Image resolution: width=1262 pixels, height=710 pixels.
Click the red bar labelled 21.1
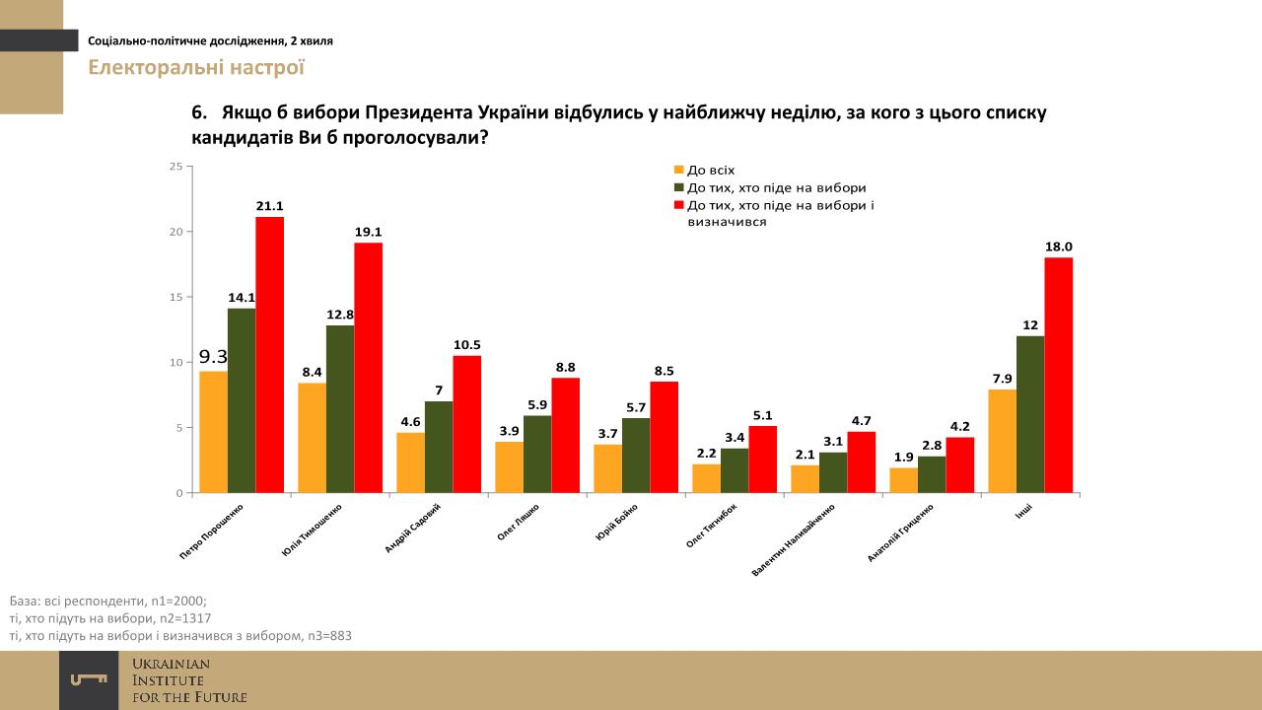[270, 354]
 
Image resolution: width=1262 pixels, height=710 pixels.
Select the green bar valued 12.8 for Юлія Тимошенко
[340, 408]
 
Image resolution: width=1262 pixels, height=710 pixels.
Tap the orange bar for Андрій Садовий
[410, 462]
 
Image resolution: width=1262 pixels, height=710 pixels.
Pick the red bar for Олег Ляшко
[566, 435]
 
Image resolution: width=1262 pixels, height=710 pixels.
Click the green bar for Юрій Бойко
[636, 456]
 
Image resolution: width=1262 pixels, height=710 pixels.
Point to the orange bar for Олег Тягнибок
[706, 478]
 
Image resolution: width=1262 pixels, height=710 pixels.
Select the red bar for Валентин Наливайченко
[862, 461]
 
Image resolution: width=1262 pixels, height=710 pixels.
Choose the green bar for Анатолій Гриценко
[932, 474]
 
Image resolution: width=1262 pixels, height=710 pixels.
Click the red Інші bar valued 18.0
[1059, 375]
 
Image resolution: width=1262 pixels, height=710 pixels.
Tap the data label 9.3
[213, 357]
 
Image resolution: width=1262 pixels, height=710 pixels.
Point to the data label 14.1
[242, 296]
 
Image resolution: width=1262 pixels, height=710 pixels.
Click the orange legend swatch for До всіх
[678, 171]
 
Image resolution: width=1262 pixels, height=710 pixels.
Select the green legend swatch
[678, 187]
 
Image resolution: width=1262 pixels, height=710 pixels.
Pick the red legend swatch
[678, 205]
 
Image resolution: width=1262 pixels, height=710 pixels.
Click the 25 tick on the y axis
[175, 167]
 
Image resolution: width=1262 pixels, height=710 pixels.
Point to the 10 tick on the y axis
[175, 363]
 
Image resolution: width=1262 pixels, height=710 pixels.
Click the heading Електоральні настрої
[196, 68]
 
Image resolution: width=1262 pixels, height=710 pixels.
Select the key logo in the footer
[89, 679]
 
